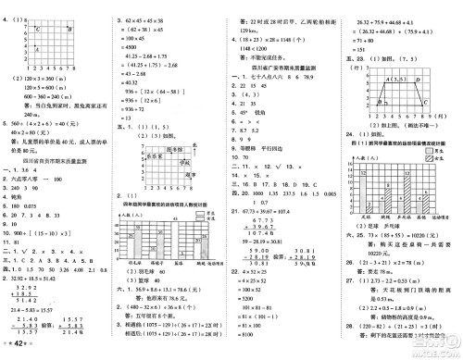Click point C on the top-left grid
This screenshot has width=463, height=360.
(x=38, y=31)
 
